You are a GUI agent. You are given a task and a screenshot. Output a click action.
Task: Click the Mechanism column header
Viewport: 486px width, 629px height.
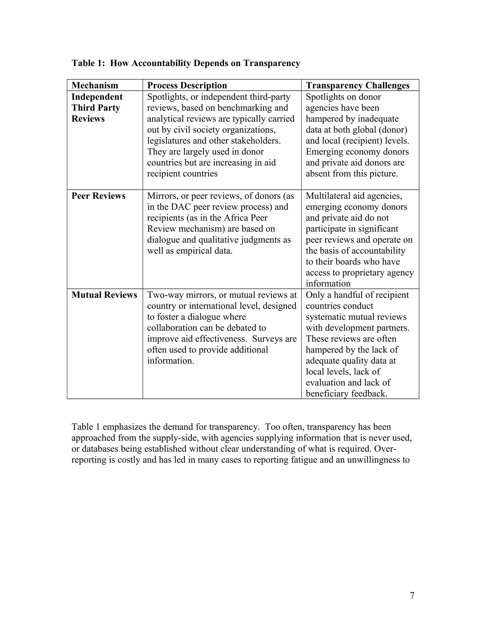coord(95,85)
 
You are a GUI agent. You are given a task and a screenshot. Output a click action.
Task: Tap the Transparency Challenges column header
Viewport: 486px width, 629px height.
coord(357,85)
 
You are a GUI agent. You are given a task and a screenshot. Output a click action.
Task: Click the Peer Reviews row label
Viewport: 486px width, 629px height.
coord(98,196)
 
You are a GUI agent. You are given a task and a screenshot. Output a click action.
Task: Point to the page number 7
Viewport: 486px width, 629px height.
coord(412,596)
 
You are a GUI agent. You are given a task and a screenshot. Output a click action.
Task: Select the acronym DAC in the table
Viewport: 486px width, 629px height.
coord(181,207)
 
